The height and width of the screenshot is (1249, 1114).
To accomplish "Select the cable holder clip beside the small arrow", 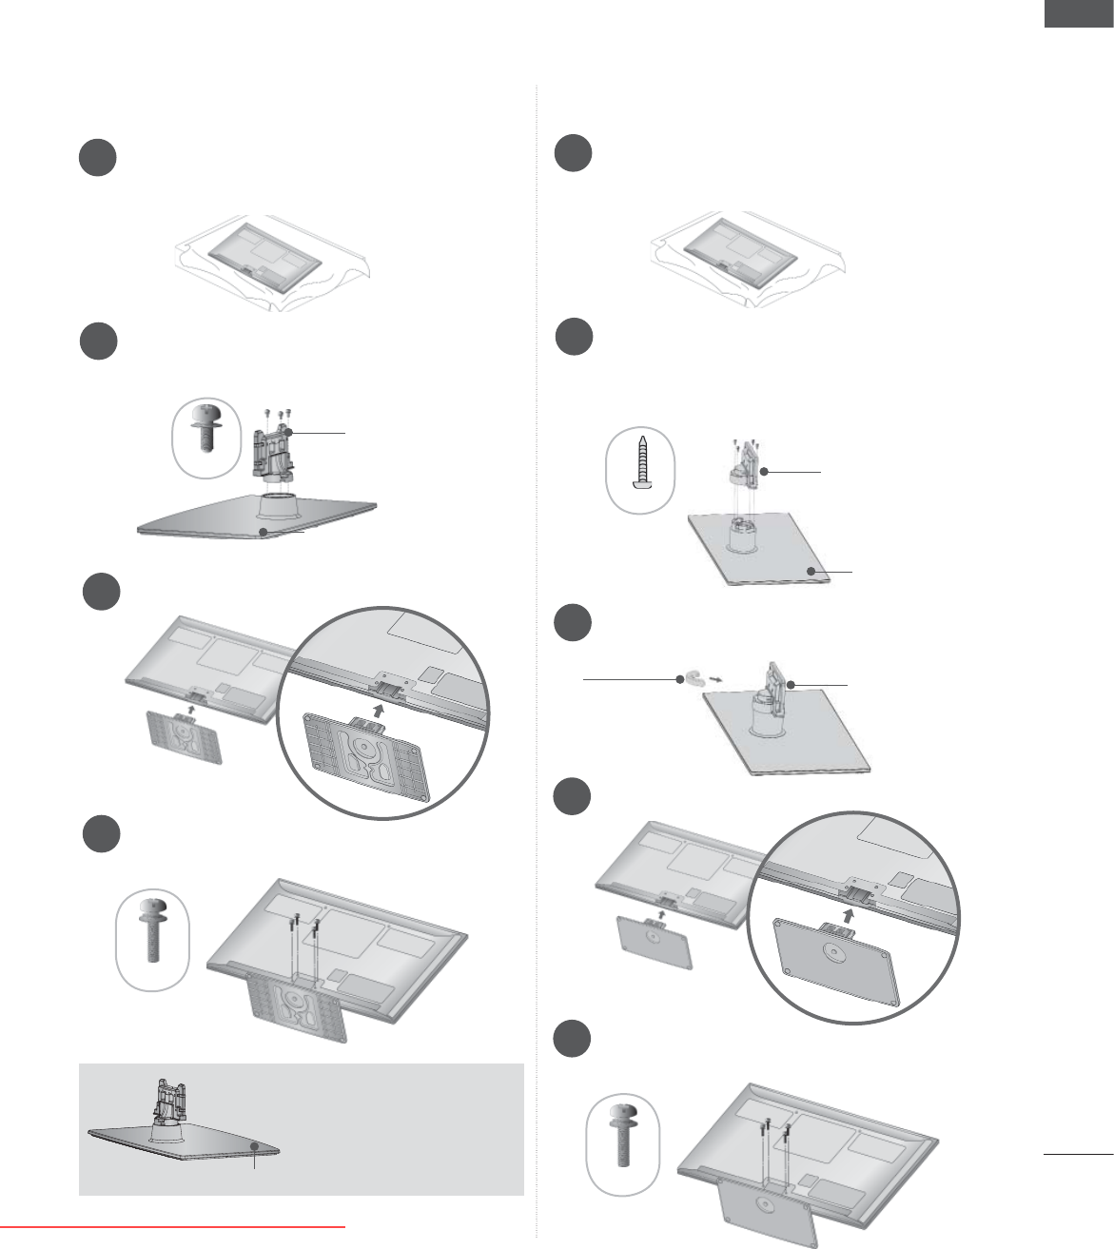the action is pyautogui.click(x=694, y=678).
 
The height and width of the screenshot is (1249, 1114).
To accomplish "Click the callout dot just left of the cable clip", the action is pyautogui.click(x=679, y=679).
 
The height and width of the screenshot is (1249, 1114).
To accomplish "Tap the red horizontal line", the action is pyautogui.click(x=172, y=1227).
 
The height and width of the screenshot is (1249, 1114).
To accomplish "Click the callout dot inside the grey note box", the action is pyautogui.click(x=255, y=1147).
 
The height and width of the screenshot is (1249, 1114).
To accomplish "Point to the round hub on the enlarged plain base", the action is pyautogui.click(x=833, y=954).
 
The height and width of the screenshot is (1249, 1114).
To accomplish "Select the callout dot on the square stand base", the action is pyautogui.click(x=810, y=571).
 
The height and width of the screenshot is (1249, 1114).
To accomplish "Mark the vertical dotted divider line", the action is pyautogui.click(x=537, y=666).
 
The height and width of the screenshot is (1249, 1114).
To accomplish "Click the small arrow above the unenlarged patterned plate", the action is pyautogui.click(x=191, y=708).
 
